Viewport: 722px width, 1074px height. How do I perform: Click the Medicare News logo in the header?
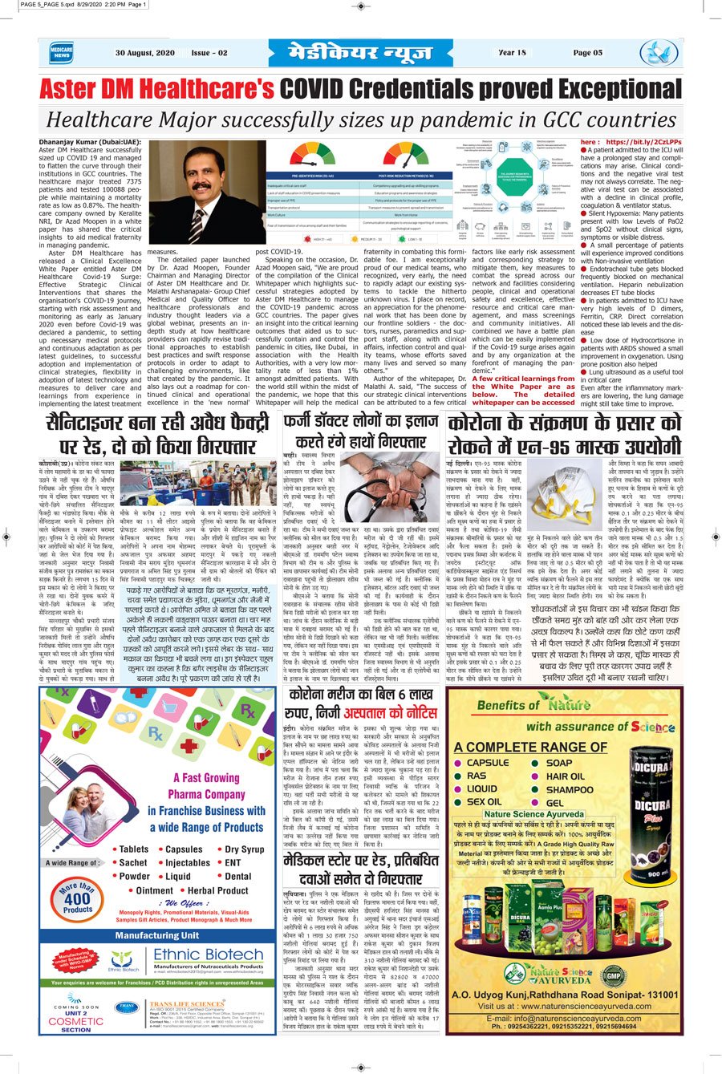[61, 53]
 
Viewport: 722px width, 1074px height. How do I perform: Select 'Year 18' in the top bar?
[512, 53]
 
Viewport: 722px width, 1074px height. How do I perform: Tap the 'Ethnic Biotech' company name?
[209, 955]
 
